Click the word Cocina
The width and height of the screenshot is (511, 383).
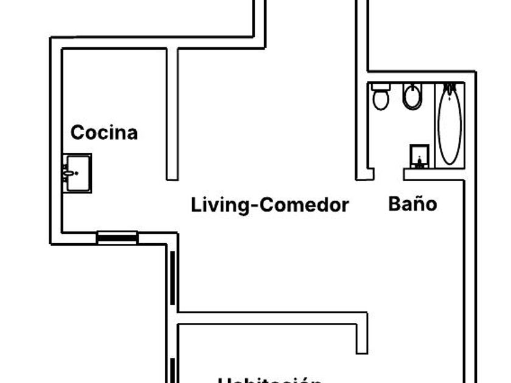104,133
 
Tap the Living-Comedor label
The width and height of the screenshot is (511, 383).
270,205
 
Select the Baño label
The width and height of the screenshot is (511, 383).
412,204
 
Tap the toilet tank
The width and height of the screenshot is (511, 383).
381,87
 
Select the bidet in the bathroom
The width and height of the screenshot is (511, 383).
412,97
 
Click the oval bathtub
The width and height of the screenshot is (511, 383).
450,125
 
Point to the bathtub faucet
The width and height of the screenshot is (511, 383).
450,89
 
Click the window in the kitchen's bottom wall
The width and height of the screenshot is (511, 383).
117,238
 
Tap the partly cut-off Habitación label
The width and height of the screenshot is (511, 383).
269,380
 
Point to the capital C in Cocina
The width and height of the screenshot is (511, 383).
77,133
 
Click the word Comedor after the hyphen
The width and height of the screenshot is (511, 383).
304,205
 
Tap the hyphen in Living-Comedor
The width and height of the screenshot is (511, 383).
254,206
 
